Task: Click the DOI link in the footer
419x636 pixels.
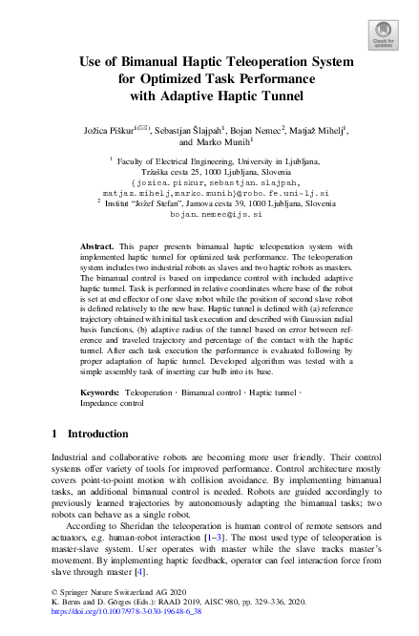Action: [x=131, y=626]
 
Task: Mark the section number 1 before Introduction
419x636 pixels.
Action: [x=54, y=435]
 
